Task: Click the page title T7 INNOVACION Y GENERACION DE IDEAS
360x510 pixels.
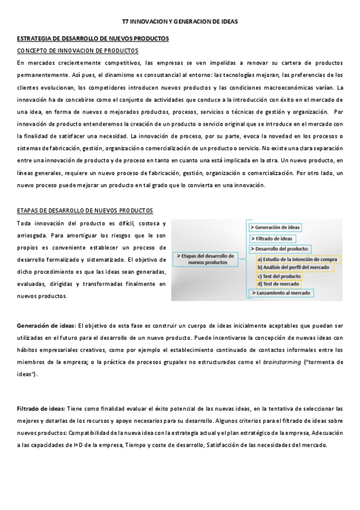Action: pyautogui.click(x=180, y=21)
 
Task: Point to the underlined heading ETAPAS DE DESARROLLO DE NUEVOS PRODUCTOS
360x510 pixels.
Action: pyautogui.click(x=85, y=210)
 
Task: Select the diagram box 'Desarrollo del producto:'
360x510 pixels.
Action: pyautogui.click(x=281, y=248)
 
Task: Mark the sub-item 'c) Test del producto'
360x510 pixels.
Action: pyautogui.click(x=279, y=275)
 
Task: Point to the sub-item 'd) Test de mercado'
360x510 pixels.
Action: pyautogui.click(x=278, y=283)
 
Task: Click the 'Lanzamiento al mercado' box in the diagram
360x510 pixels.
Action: pyautogui.click(x=282, y=292)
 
